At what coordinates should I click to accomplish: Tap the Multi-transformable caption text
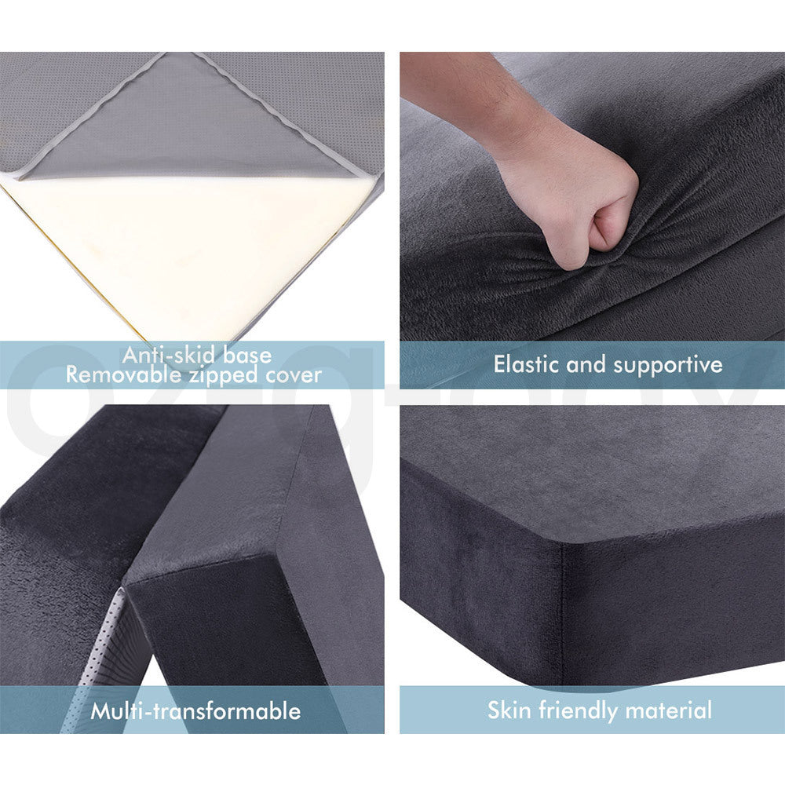195,711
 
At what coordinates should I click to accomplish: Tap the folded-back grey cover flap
188,126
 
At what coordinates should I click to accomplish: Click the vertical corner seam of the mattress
562,612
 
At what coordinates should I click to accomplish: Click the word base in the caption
243,355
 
